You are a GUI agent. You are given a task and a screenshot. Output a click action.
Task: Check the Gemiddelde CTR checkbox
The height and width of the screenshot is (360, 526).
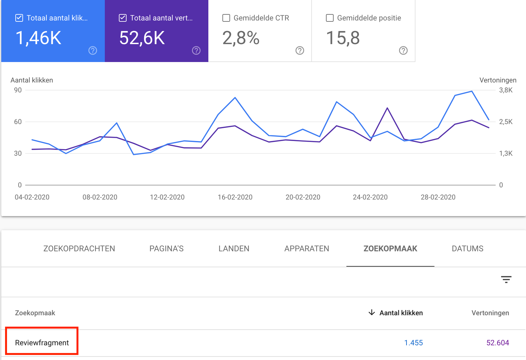[226, 18]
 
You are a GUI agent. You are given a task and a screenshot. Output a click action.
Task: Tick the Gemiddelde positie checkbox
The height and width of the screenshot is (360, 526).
[330, 18]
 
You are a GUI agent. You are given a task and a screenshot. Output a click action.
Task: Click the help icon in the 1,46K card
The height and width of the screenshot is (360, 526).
[93, 51]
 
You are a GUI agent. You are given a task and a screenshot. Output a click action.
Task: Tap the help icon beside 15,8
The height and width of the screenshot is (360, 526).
[403, 51]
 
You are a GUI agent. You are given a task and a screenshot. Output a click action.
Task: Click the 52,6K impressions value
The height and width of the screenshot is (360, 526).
[142, 38]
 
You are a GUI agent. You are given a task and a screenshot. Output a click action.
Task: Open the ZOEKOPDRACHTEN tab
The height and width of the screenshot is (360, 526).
[79, 249]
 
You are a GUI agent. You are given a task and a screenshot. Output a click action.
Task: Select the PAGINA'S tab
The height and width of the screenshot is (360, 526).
[166, 249]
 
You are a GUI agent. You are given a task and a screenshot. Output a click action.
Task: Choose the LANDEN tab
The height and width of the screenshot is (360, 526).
[234, 249]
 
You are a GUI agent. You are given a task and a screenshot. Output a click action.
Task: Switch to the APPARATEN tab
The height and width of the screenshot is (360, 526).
[306, 249]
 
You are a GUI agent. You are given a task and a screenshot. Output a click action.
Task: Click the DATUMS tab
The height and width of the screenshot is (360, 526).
[468, 249]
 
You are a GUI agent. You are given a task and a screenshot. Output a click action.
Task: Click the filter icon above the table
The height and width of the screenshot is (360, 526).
[506, 280]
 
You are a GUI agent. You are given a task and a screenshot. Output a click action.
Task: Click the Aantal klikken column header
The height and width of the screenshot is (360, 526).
[401, 313]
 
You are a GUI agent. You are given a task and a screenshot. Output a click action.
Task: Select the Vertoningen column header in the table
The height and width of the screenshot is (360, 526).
[490, 313]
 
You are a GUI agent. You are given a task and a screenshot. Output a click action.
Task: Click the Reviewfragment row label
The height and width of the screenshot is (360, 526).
[42, 343]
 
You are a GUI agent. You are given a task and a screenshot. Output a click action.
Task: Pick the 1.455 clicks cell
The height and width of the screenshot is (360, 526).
[414, 343]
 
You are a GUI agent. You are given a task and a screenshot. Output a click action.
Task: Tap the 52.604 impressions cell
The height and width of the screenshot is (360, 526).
[498, 343]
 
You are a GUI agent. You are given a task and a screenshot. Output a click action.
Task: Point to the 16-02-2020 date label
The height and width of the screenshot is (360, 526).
[235, 197]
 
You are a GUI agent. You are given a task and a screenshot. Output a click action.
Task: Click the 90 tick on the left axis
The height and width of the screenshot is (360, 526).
[18, 90]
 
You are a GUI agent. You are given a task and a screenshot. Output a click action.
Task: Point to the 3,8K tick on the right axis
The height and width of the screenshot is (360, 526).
[506, 90]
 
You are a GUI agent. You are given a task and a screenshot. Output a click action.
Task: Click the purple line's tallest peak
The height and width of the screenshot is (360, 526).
[387, 108]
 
